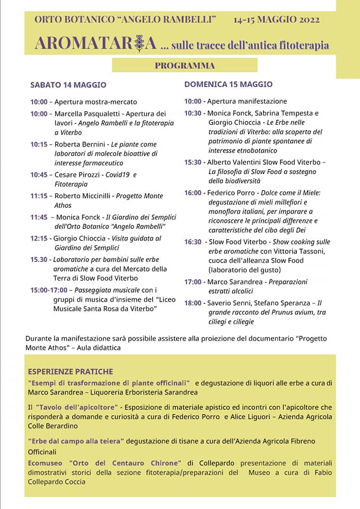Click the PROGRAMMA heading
(x=185, y=66)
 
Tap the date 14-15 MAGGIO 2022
(x=276, y=20)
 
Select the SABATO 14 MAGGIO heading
(x=68, y=85)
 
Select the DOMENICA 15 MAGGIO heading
(x=229, y=84)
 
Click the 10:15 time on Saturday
(x=39, y=144)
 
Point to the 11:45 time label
(x=39, y=217)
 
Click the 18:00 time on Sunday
(x=193, y=303)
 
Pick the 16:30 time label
(x=193, y=242)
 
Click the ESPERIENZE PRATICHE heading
(x=71, y=372)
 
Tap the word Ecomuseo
(x=46, y=462)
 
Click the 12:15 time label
(x=39, y=239)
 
